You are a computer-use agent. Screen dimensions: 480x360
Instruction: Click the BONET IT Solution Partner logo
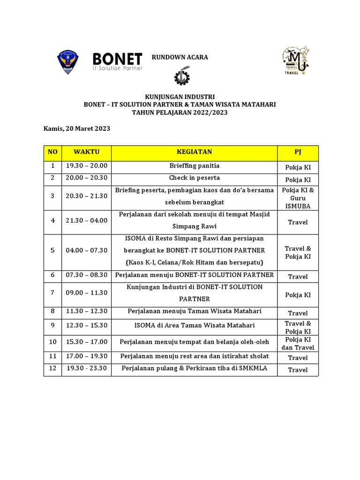117,61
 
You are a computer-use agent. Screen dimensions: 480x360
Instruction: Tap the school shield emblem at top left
67,62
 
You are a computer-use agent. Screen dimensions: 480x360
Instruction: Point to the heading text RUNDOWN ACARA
180,57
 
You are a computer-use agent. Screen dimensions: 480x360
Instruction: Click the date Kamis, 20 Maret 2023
77,128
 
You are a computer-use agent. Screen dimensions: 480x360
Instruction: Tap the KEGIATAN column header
194,152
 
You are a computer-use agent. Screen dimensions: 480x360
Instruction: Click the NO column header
53,152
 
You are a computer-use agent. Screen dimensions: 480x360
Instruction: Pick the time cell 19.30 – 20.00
87,166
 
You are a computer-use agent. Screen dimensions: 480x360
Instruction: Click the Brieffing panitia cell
194,166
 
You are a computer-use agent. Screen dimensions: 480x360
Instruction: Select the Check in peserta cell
194,178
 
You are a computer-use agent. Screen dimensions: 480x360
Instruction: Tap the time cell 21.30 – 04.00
87,220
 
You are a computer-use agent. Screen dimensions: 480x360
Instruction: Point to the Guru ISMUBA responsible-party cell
298,198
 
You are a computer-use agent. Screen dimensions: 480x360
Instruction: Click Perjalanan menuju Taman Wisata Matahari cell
194,311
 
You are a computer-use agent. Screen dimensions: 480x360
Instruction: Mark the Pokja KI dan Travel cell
298,344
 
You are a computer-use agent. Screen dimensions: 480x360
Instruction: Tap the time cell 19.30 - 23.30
87,368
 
